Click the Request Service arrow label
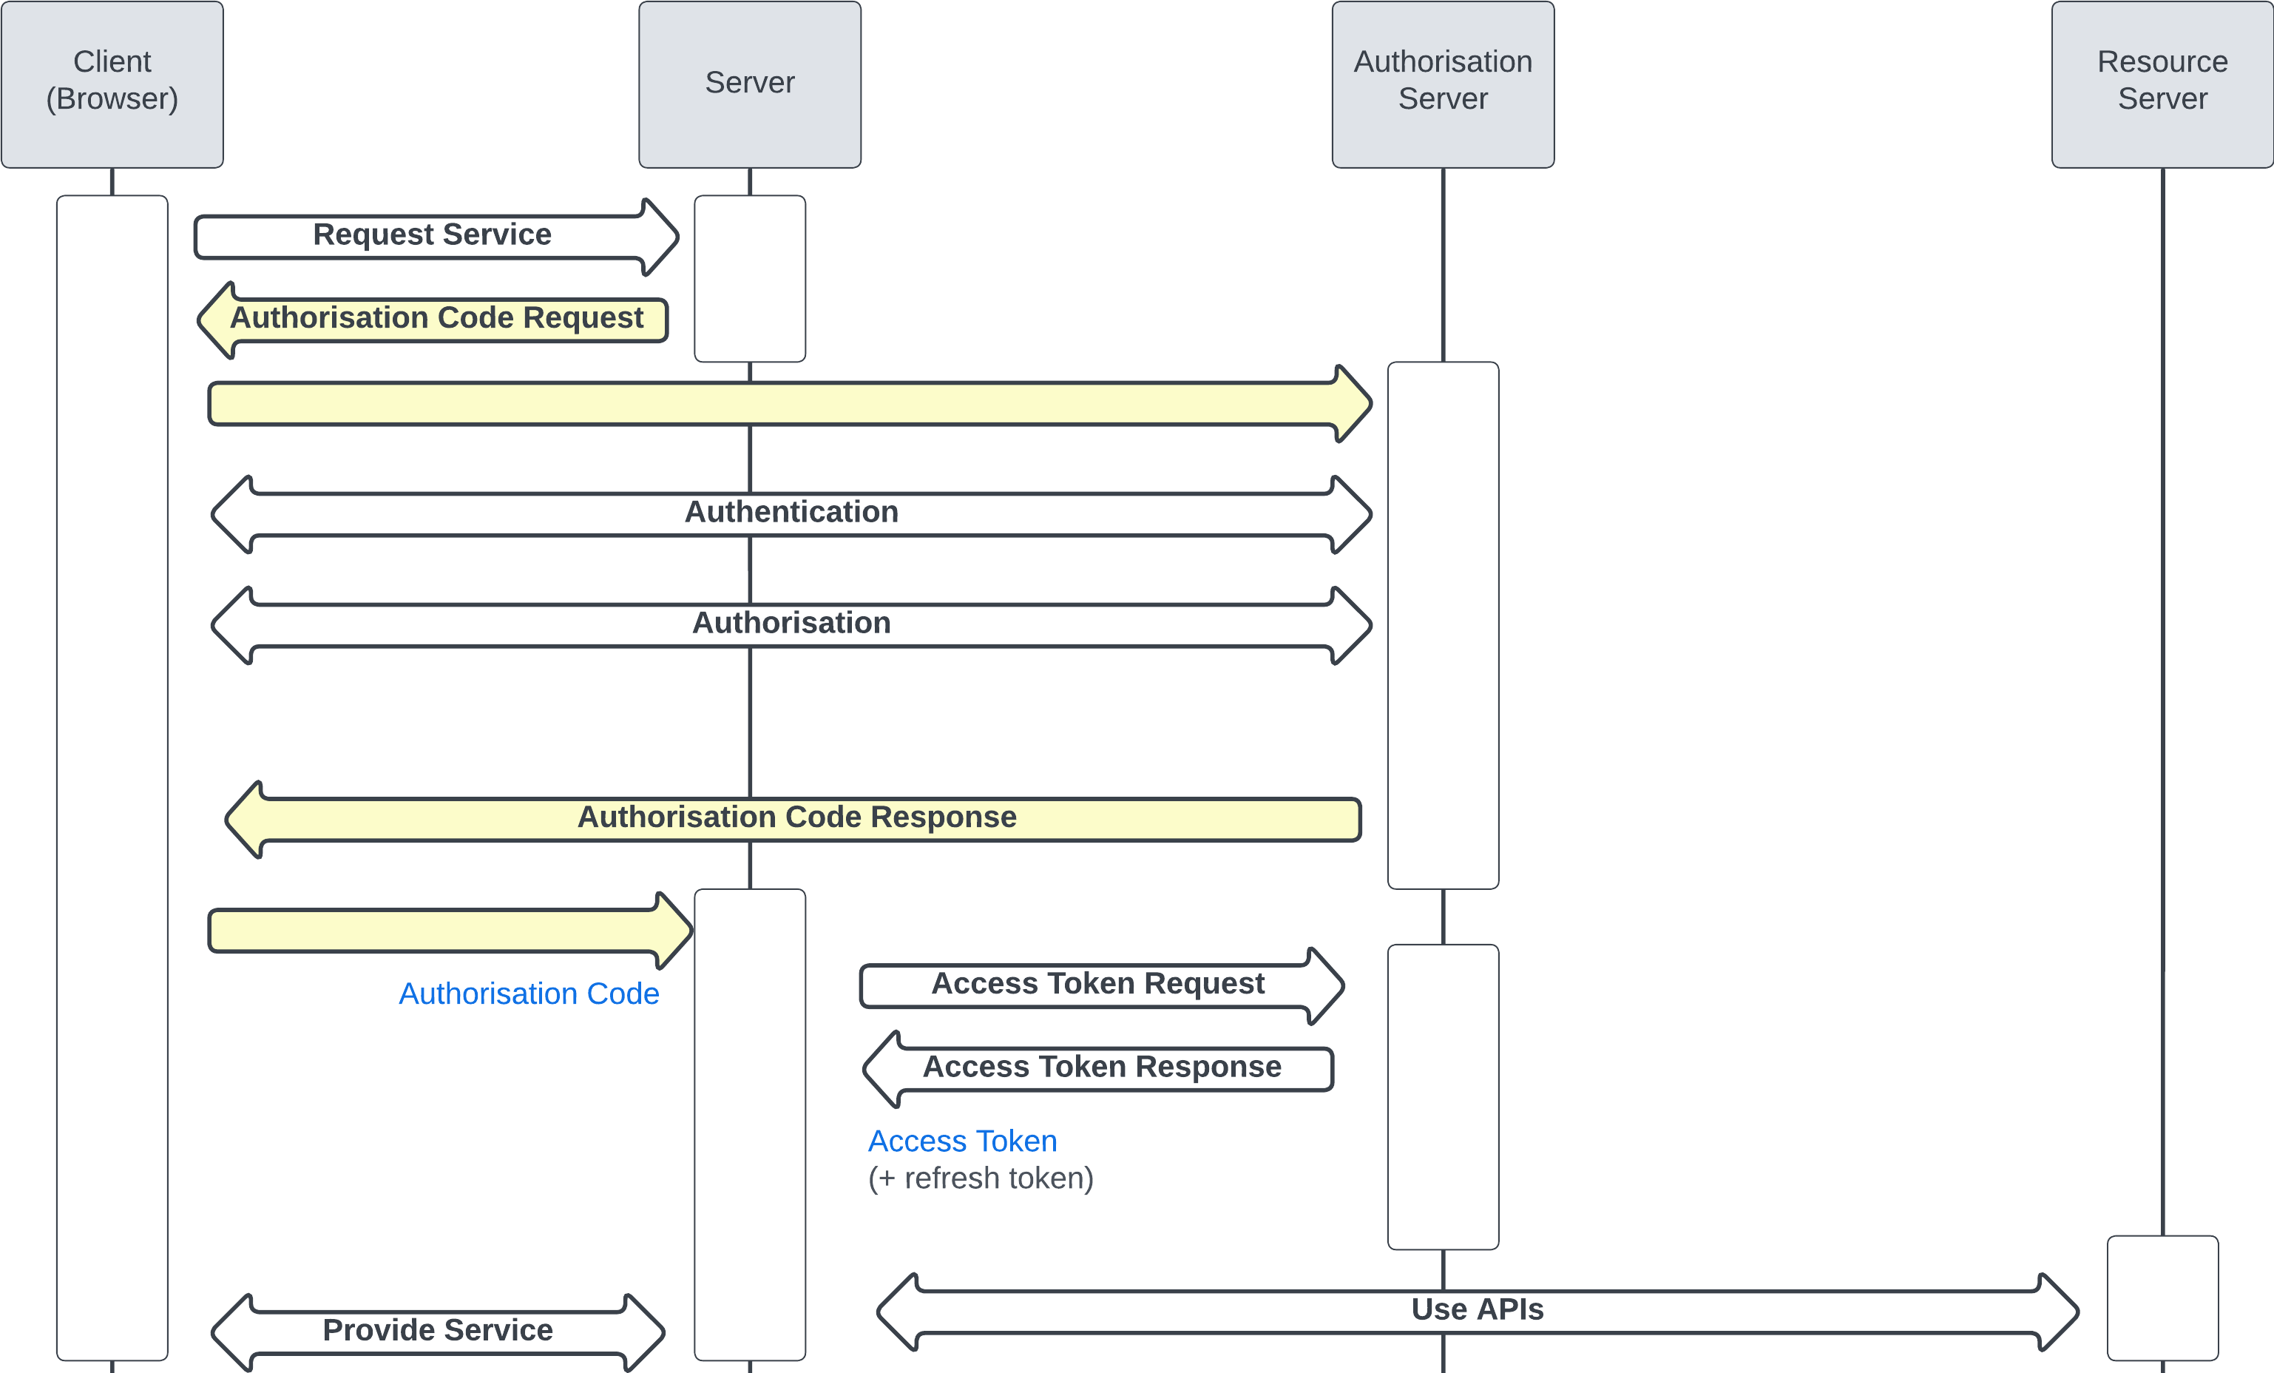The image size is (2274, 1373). (432, 235)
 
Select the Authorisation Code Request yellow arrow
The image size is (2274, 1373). (436, 319)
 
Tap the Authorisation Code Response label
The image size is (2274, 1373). (796, 817)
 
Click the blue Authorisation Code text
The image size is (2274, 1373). (529, 994)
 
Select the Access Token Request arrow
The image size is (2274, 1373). (1097, 985)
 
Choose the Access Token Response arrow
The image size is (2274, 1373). (1102, 1067)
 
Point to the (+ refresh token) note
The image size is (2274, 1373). (980, 1179)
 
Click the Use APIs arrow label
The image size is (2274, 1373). (1477, 1309)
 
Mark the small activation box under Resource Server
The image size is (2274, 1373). (2162, 1298)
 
